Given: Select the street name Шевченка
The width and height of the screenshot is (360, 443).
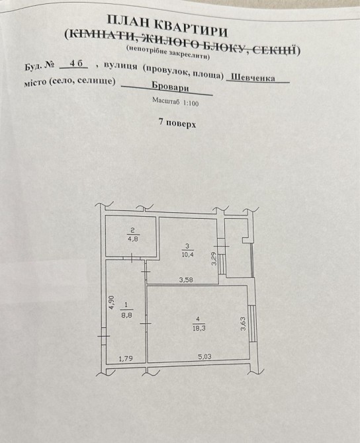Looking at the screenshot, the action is (253, 77).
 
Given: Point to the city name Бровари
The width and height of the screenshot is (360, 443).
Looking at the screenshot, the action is (170, 87).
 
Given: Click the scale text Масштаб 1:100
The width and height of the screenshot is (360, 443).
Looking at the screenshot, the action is (175, 101).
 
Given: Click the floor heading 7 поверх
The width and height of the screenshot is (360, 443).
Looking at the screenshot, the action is (177, 123).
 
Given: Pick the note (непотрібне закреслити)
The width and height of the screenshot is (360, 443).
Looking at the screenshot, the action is (168, 53).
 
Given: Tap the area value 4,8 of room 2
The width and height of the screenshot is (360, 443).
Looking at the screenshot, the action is (132, 239).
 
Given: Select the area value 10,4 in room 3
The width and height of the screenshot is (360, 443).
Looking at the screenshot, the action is (188, 254).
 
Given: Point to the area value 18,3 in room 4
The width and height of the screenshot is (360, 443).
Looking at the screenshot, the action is (199, 329).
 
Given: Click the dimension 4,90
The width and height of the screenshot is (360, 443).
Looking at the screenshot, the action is (111, 302).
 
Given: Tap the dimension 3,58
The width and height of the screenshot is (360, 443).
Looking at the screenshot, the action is (186, 280).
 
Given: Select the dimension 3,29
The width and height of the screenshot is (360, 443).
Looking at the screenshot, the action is (214, 259).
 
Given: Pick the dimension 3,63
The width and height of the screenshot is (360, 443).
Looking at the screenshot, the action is (244, 325).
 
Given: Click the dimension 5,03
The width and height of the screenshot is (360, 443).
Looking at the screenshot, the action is (204, 356).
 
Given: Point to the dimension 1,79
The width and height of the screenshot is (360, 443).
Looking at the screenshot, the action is (126, 359).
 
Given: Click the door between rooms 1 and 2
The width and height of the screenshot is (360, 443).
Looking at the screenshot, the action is (132, 259).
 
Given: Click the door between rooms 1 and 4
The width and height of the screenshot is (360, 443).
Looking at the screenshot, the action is (146, 323).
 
